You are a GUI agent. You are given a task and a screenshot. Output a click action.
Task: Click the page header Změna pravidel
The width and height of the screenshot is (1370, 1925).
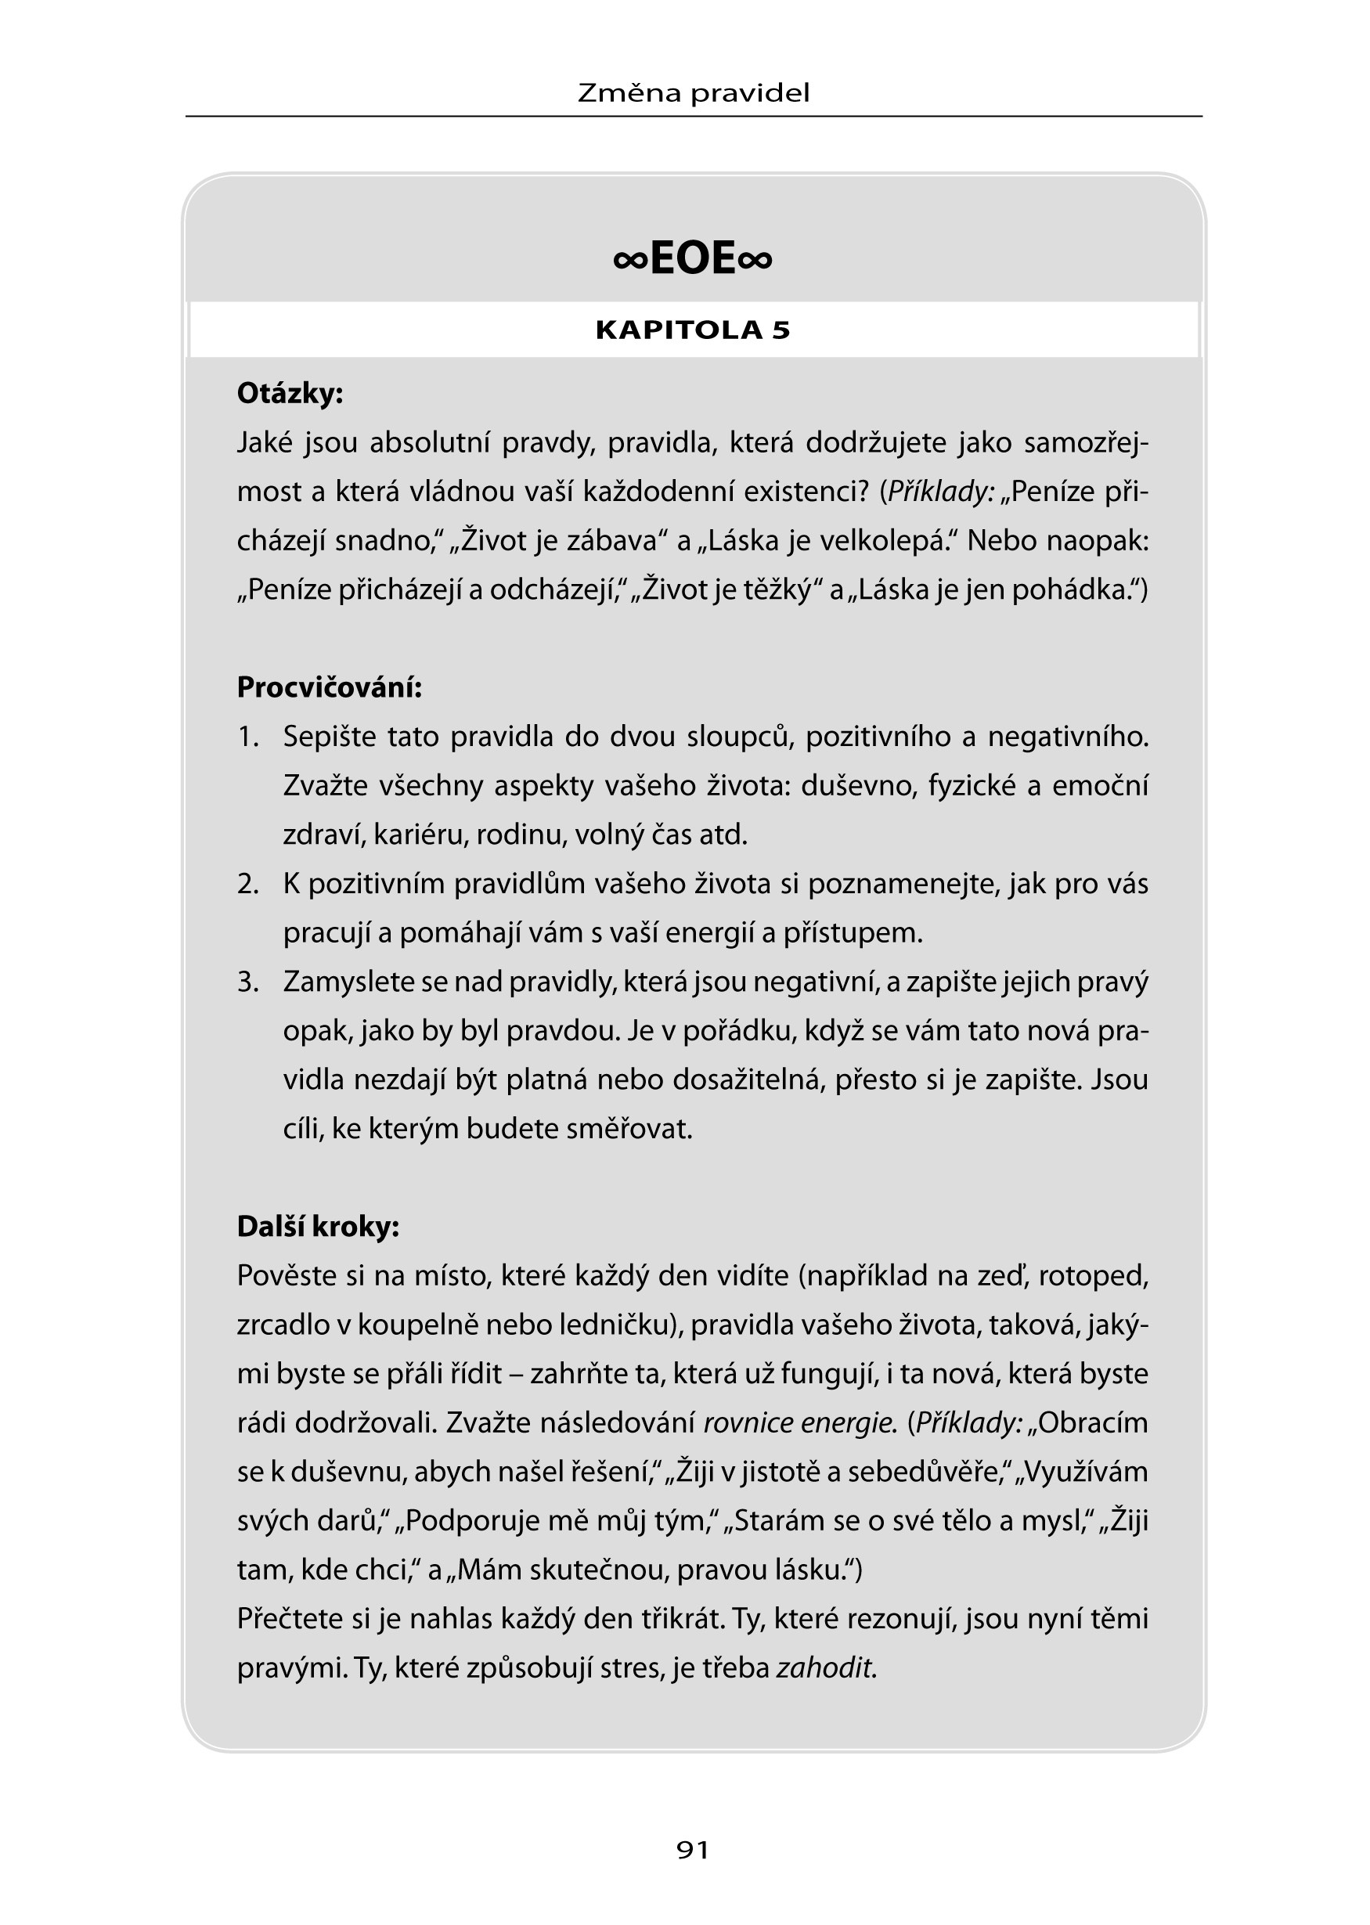coord(693,93)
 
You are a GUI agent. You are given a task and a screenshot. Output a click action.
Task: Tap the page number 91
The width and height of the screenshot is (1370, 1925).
coord(693,1849)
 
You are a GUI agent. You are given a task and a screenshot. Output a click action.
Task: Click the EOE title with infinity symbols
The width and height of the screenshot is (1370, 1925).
coord(693,258)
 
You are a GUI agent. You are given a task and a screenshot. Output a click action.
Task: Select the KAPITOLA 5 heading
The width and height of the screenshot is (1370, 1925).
coord(693,330)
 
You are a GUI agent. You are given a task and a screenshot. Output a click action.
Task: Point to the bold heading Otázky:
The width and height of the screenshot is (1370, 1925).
coord(290,394)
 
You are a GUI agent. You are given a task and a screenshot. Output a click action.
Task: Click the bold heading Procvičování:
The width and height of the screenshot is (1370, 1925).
coord(329,687)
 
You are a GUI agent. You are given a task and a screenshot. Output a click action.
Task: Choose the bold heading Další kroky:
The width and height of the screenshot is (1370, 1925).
coord(318,1227)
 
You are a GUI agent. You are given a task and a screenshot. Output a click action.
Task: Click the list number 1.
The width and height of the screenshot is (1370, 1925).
coord(247,737)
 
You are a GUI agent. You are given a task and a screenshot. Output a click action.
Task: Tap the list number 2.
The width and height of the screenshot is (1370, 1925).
coord(247,884)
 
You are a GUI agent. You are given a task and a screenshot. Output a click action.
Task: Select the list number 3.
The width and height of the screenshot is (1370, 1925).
coord(247,982)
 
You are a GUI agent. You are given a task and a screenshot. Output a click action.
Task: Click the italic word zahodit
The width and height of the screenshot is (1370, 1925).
coord(826,1667)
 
